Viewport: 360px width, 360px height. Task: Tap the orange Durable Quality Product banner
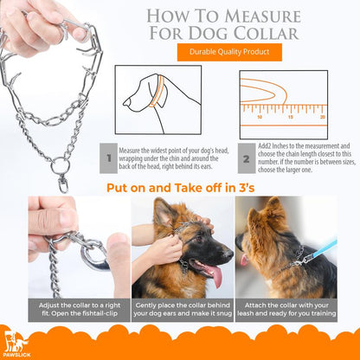point(229,52)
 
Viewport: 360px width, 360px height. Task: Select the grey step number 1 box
point(108,158)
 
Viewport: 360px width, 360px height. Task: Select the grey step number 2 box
point(247,158)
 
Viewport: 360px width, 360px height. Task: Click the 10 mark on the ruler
point(260,117)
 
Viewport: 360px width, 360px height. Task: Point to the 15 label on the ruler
point(291,117)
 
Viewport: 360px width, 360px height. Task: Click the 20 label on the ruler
point(323,117)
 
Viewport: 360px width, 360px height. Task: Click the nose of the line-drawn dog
point(125,102)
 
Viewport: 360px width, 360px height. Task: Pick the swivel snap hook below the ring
point(63,183)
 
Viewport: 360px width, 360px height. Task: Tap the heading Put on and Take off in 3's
point(181,188)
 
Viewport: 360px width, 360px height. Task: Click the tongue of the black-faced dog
point(215,274)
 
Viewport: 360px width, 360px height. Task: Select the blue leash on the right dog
point(322,249)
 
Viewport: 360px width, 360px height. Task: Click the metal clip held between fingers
point(93,254)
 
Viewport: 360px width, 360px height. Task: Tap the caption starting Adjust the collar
point(80,309)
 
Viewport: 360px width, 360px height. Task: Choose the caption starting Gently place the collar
point(183,309)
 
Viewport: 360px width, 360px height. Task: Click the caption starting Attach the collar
point(286,309)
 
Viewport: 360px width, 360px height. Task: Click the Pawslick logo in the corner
point(16,344)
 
